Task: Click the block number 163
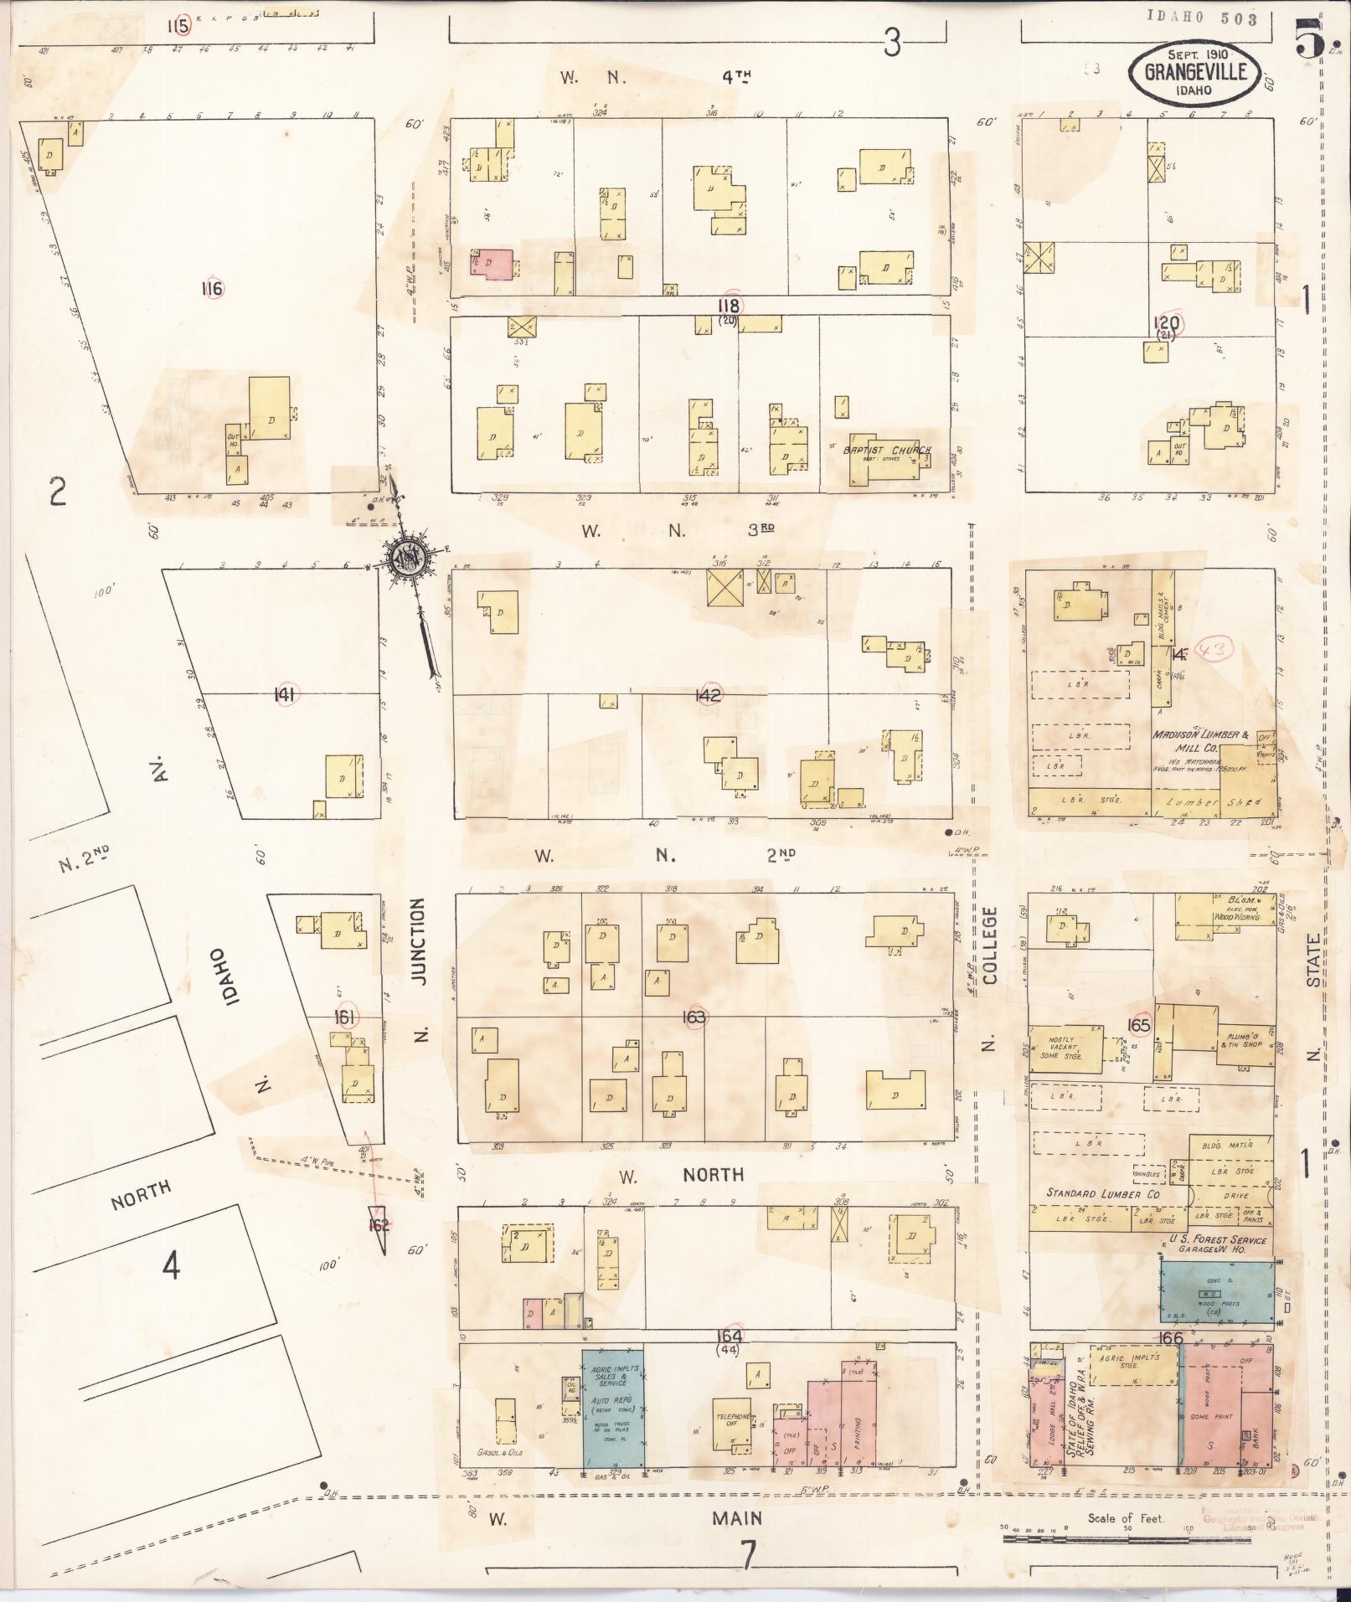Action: point(694,1017)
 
